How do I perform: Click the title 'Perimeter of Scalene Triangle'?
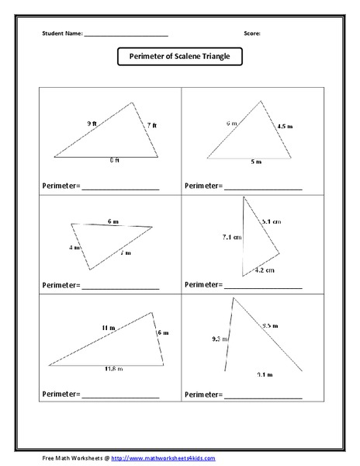click(179, 56)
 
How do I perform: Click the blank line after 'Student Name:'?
click(126, 36)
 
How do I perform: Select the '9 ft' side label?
click(92, 123)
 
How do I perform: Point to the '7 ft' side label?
click(151, 125)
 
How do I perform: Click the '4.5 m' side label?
click(285, 124)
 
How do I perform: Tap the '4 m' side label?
click(74, 248)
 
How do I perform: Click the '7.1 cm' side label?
click(231, 236)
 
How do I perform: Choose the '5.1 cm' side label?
click(271, 221)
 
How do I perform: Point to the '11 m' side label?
click(108, 328)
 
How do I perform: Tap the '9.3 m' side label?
click(220, 339)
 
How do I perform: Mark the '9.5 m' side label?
click(270, 325)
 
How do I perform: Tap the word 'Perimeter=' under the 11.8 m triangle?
click(61, 395)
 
